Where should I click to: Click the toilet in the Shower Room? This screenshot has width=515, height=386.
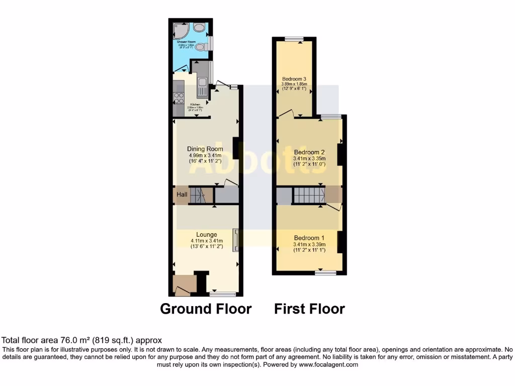click(201, 47)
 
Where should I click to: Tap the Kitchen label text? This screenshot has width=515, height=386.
click(195, 105)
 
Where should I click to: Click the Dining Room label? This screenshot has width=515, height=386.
click(205, 149)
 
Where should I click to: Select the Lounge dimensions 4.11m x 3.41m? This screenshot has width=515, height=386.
click(206, 241)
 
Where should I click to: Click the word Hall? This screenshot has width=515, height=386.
click(182, 195)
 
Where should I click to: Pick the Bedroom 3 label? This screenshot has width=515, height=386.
click(294, 79)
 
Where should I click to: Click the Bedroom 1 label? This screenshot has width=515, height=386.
click(309, 238)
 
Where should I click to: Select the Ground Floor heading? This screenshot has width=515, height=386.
click(206, 309)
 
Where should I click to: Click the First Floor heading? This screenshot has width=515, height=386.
click(309, 309)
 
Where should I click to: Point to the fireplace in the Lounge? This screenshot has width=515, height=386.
click(235, 239)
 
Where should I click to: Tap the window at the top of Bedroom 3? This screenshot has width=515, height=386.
click(294, 39)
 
